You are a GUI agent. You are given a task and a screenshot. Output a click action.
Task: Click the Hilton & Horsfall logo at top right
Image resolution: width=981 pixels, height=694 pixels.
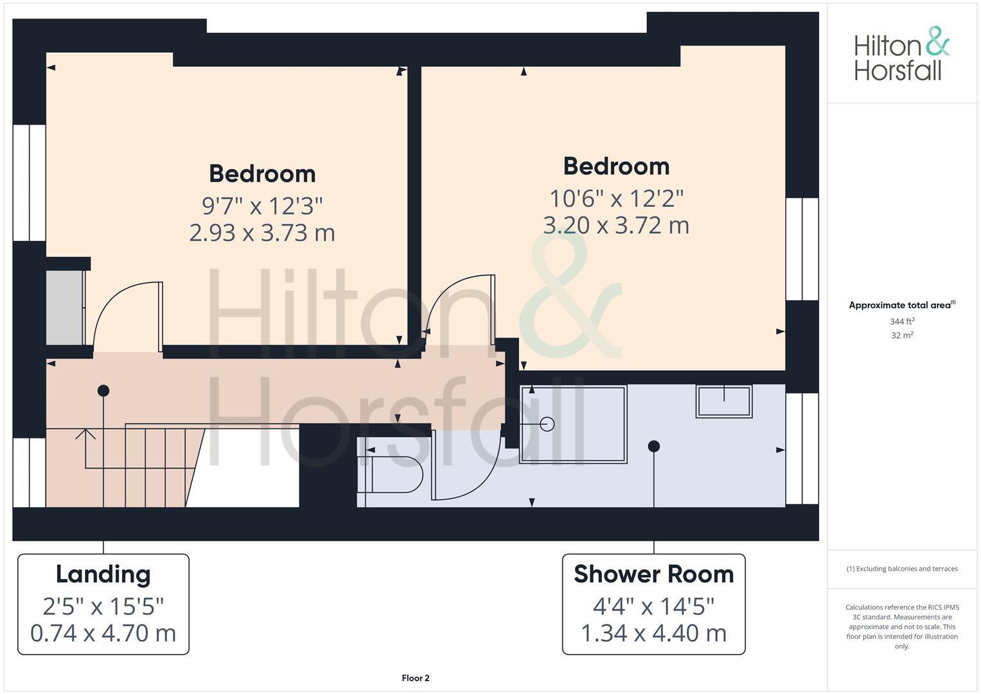[901, 54]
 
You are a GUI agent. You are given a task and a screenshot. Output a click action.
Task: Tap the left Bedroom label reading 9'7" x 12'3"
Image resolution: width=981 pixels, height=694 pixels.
[262, 174]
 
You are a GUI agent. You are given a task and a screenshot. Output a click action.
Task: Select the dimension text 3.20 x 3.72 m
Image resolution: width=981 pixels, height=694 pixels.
[616, 226]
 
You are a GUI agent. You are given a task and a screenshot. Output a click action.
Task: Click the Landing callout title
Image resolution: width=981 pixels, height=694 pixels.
[103, 574]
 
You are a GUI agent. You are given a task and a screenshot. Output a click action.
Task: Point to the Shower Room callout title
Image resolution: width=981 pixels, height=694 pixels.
[653, 574]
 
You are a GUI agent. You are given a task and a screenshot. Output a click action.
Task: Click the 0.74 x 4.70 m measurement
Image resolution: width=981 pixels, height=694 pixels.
[103, 633]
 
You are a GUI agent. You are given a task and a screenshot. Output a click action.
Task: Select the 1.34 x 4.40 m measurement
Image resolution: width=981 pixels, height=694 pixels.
[653, 633]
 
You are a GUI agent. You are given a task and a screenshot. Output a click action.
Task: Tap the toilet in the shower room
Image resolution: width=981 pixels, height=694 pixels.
[392, 474]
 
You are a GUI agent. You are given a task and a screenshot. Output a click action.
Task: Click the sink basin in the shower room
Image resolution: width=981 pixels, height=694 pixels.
[724, 401]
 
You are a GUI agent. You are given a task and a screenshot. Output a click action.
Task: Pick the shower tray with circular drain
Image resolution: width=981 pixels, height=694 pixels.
[572, 424]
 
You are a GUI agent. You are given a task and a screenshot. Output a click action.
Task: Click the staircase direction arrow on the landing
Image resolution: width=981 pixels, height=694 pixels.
[85, 434]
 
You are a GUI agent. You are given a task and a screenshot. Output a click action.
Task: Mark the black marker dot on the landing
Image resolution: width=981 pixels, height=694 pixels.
[103, 391]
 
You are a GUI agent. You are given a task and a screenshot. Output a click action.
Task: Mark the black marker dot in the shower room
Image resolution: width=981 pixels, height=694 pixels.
[653, 446]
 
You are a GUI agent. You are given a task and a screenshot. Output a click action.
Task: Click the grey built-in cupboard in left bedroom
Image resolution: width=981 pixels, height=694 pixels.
[64, 307]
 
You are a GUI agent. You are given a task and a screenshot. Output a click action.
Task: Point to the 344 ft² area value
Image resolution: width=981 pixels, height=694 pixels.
[902, 321]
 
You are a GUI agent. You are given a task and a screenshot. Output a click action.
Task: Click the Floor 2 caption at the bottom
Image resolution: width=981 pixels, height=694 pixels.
[415, 678]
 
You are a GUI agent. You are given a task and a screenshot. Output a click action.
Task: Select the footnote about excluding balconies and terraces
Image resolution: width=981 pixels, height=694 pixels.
[902, 569]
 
